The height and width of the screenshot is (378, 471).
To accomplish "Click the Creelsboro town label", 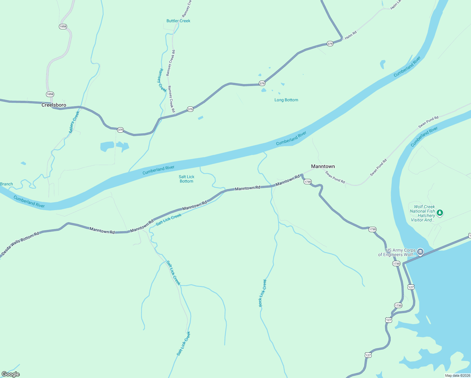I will coord(54,105).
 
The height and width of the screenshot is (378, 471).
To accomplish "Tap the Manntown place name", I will coord(323,166).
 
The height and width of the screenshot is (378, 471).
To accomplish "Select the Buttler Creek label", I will coord(178,21).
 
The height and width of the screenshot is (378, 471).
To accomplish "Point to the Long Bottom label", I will coord(286,100).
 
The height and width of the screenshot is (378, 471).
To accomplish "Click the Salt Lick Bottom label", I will coord(186,179).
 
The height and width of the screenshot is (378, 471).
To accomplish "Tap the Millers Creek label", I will coord(74,122).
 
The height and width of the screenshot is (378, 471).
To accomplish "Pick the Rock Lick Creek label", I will coord(263,293).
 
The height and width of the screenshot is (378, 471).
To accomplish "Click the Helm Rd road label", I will coord(351,35).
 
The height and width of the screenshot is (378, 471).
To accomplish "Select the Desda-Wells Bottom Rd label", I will coord(20,243).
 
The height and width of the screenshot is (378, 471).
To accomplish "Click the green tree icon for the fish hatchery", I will coord(440,213).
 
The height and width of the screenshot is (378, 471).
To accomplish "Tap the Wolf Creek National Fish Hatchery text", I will coord(423,213).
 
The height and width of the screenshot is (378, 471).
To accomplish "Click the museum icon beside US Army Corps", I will coord(420,252).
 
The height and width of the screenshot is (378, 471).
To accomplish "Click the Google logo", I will coord(11,374).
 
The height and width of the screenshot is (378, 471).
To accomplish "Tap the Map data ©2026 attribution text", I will coord(457,375).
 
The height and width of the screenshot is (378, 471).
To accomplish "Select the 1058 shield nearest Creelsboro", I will coord(50,94).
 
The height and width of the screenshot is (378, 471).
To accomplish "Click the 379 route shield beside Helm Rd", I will coord(330,44).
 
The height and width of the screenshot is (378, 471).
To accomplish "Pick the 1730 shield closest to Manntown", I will coord(307,182).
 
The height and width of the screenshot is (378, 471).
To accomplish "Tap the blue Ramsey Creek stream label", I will coord(162,80).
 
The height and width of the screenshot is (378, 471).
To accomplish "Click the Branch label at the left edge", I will coord(6,184).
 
